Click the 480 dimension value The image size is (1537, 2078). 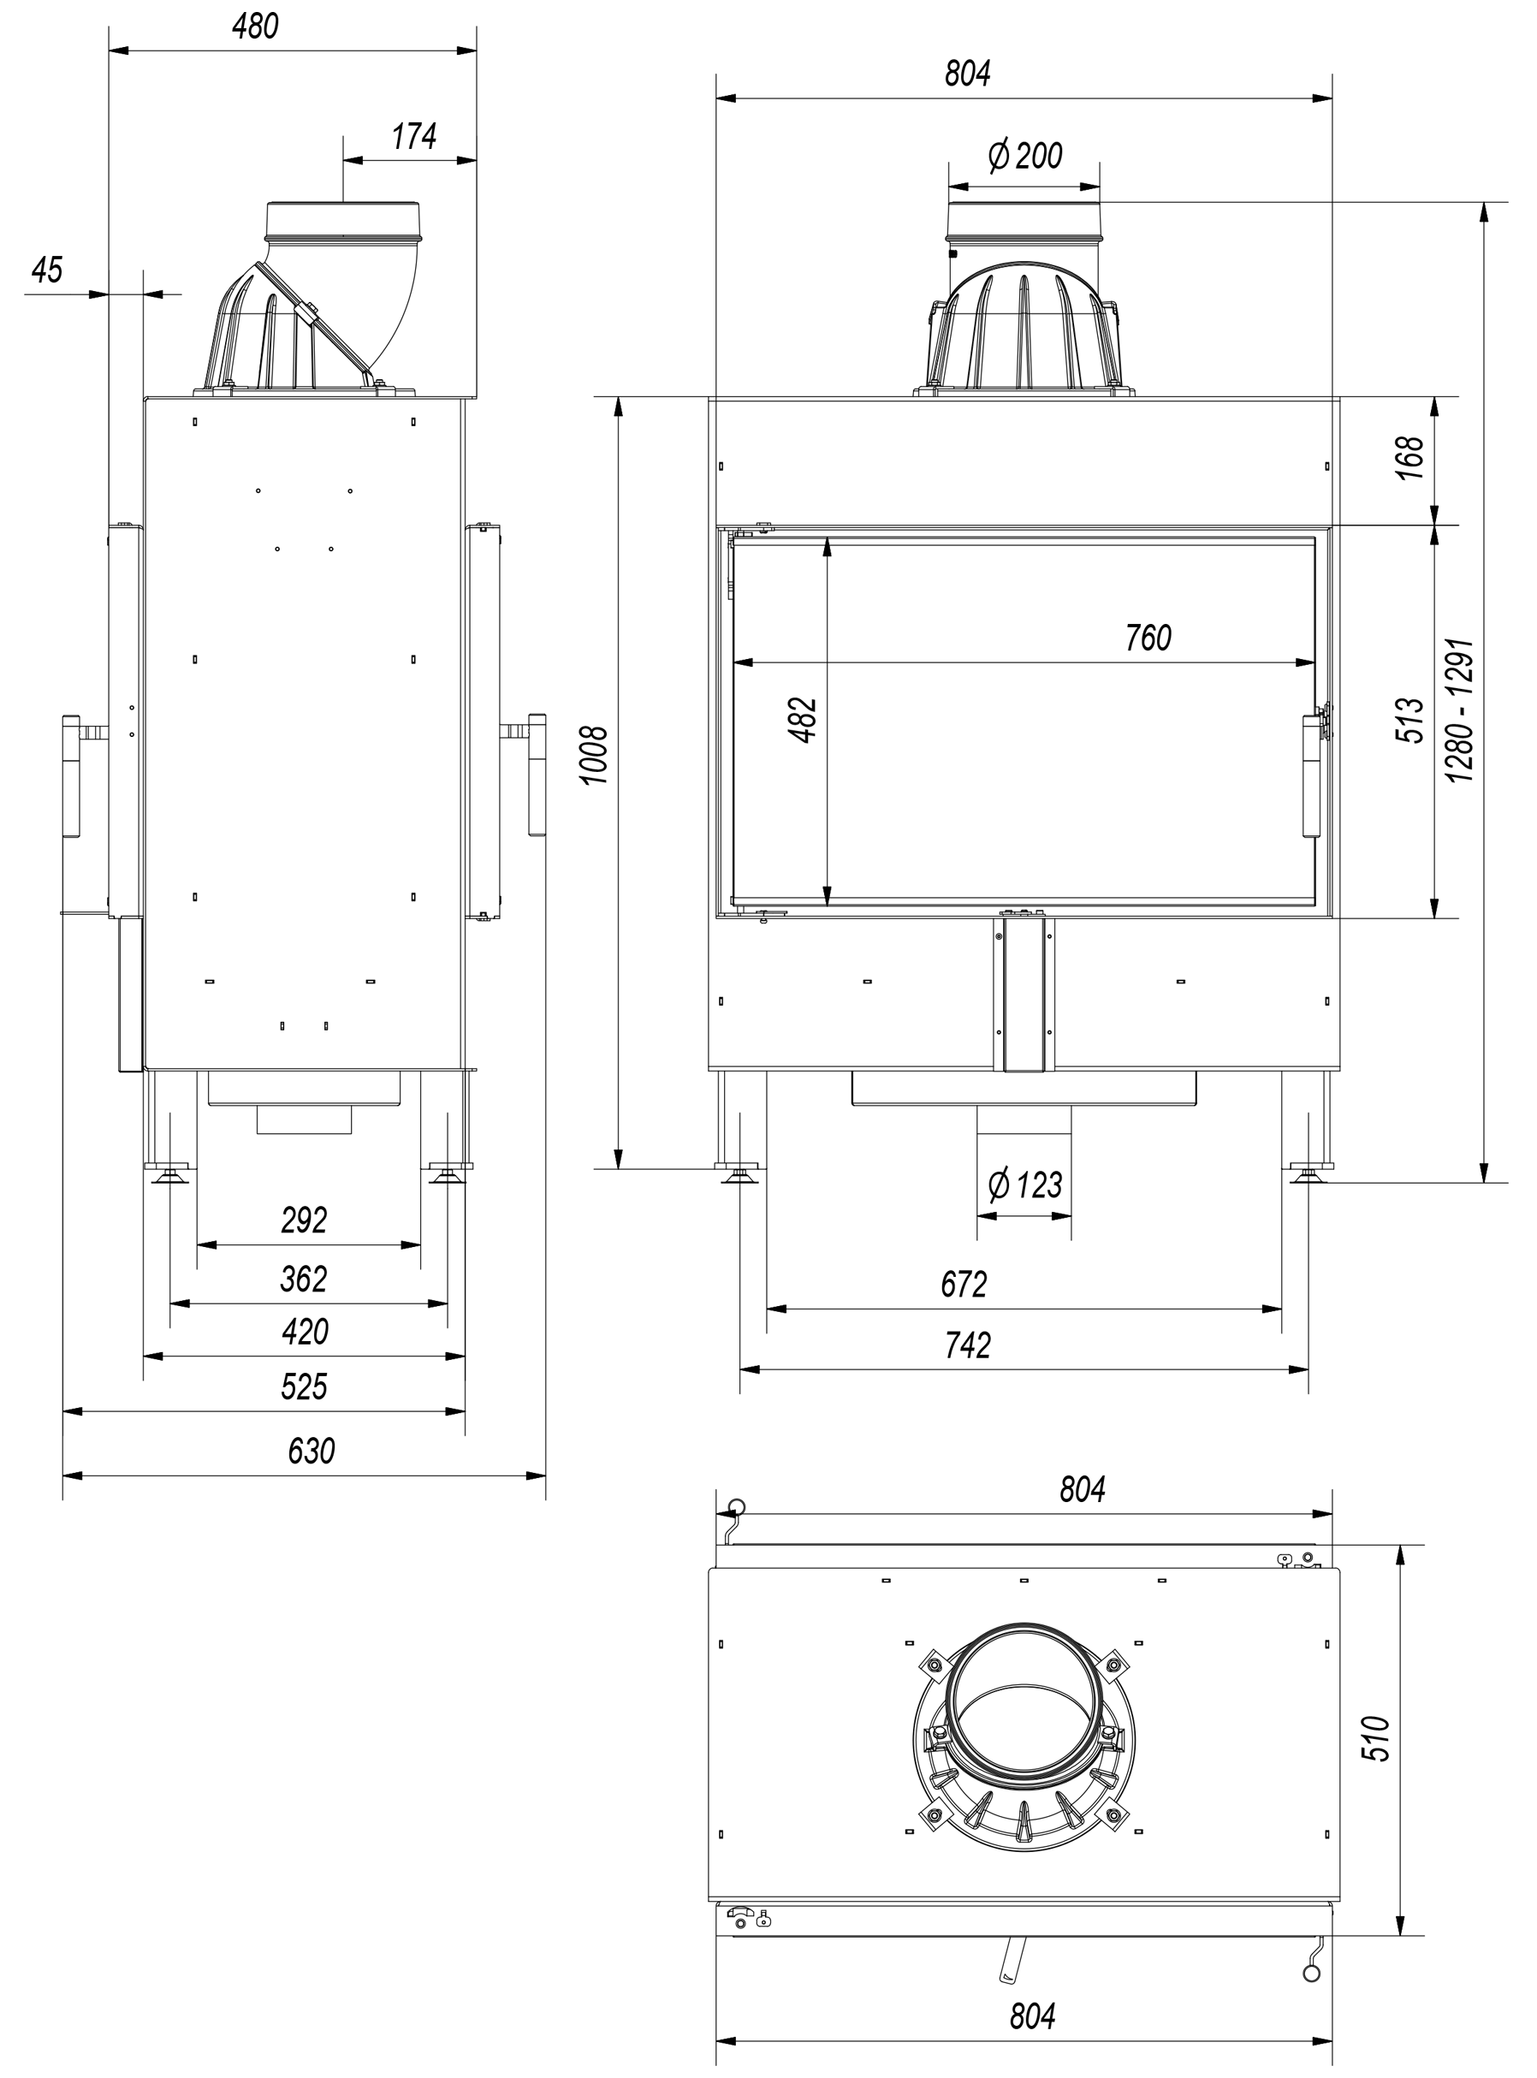coord(255,27)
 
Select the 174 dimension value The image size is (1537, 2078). coord(414,137)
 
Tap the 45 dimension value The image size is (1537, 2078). coord(46,270)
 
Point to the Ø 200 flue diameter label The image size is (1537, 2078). coord(1024,156)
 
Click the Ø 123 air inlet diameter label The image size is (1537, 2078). coord(1024,1185)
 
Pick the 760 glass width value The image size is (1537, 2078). coord(1148,638)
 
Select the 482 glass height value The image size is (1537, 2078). coord(803,719)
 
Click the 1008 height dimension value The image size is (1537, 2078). coord(595,756)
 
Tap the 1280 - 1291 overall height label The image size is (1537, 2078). coord(1461,709)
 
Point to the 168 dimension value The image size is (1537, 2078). coord(1410,458)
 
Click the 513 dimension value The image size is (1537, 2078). coord(1410,720)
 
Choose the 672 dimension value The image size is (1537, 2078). coord(963,1285)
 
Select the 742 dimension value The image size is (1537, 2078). coord(968,1346)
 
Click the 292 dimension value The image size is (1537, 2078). coord(305,1220)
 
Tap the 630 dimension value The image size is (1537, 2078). coord(311,1451)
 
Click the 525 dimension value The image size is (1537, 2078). coord(305,1386)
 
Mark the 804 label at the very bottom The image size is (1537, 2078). coord(1033,2016)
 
